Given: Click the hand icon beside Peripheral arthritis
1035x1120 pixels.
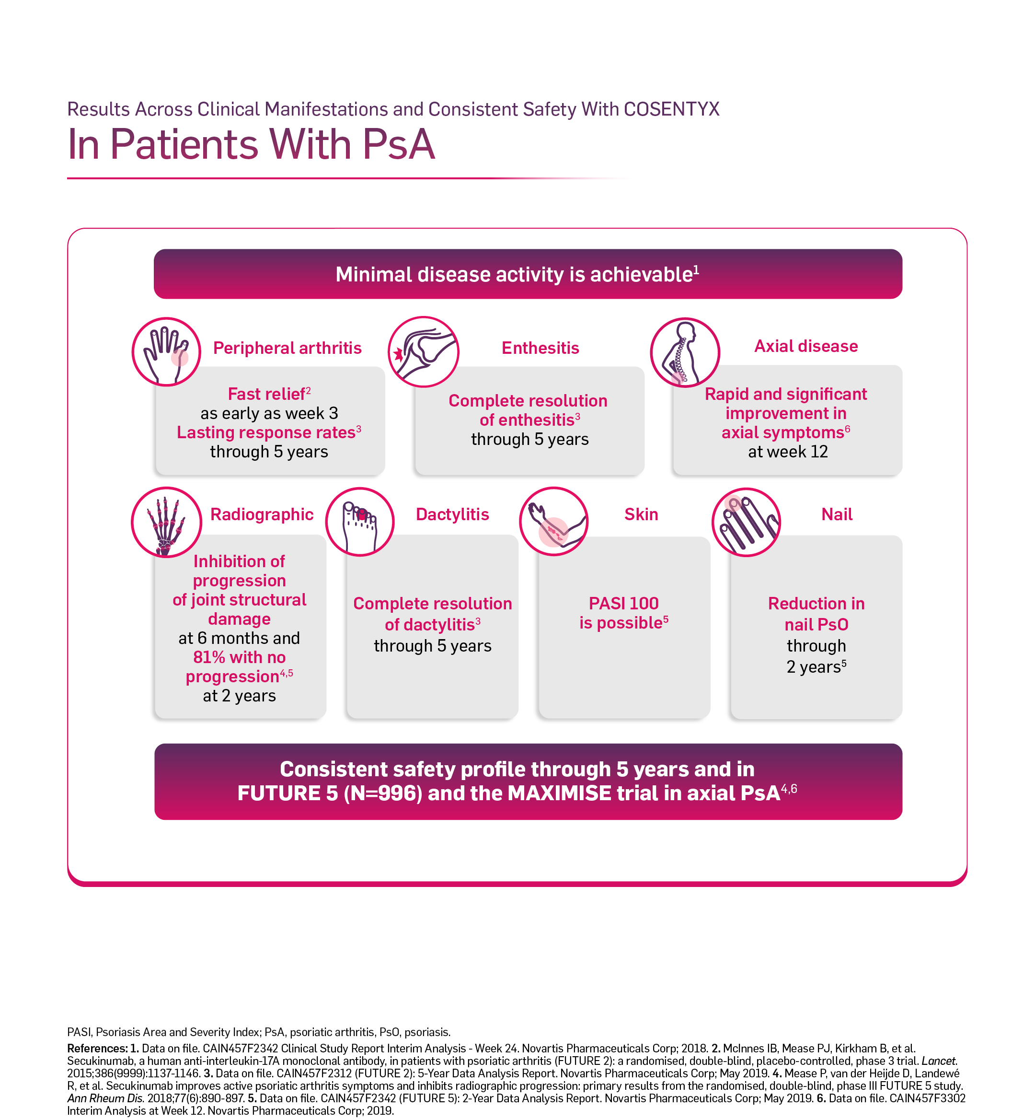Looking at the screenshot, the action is [x=166, y=352].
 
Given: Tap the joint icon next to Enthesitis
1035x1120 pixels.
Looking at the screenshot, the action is [x=424, y=352].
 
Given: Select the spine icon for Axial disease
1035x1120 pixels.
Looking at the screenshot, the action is [x=685, y=352].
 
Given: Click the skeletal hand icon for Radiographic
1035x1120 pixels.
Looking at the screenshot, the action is [x=166, y=522].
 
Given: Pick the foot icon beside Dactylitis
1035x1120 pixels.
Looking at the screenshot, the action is [x=360, y=522].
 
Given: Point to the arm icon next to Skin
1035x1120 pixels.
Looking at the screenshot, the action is [x=554, y=521].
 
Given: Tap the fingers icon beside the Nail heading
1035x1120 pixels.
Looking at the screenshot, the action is [x=747, y=522].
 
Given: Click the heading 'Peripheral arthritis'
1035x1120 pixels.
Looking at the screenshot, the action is [x=287, y=348].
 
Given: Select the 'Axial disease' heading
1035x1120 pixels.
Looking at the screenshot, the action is [x=806, y=346].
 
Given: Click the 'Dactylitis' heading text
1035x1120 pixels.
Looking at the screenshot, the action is [x=452, y=514].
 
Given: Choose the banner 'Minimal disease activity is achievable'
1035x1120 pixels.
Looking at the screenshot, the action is [x=528, y=274].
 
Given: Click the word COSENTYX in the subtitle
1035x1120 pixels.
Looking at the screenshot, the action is [x=671, y=109].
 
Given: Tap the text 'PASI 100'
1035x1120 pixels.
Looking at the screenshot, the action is [x=623, y=604].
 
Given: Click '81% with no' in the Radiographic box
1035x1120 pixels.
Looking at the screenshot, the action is [x=239, y=657].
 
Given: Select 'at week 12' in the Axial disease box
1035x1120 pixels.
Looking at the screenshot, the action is [x=788, y=452].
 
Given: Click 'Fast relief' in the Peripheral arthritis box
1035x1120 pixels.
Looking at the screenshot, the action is [x=266, y=395].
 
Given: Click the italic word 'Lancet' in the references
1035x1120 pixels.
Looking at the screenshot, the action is [x=939, y=1061].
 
